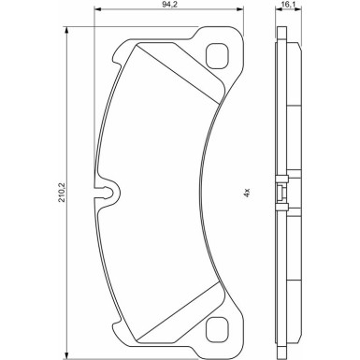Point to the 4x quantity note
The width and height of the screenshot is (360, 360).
[x=247, y=194]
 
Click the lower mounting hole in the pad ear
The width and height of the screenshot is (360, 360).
[x=221, y=328]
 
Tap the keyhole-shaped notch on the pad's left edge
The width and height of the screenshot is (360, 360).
[x=109, y=194]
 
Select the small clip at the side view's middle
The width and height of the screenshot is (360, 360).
[x=281, y=194]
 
